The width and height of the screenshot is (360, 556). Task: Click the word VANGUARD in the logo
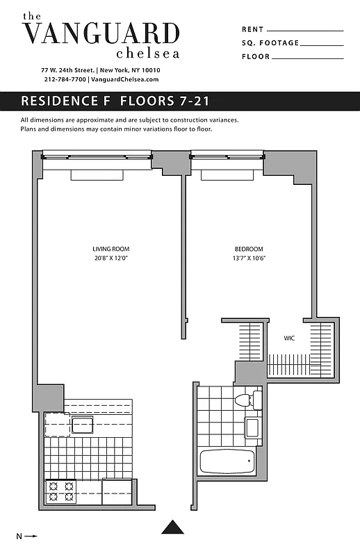click(101, 33)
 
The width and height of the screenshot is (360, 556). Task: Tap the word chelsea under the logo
click(148, 53)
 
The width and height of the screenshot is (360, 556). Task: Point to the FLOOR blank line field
click(306, 57)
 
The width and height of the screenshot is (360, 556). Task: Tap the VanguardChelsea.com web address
click(125, 80)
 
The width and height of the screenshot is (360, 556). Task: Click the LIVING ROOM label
click(111, 249)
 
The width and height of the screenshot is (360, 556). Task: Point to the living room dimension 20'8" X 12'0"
click(111, 258)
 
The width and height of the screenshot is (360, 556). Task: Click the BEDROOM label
click(248, 249)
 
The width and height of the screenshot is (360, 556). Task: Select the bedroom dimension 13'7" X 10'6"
click(248, 258)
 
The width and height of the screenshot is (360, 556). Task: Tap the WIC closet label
click(289, 339)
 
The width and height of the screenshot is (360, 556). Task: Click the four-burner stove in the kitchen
click(60, 492)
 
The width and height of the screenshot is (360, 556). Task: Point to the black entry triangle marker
click(174, 527)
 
